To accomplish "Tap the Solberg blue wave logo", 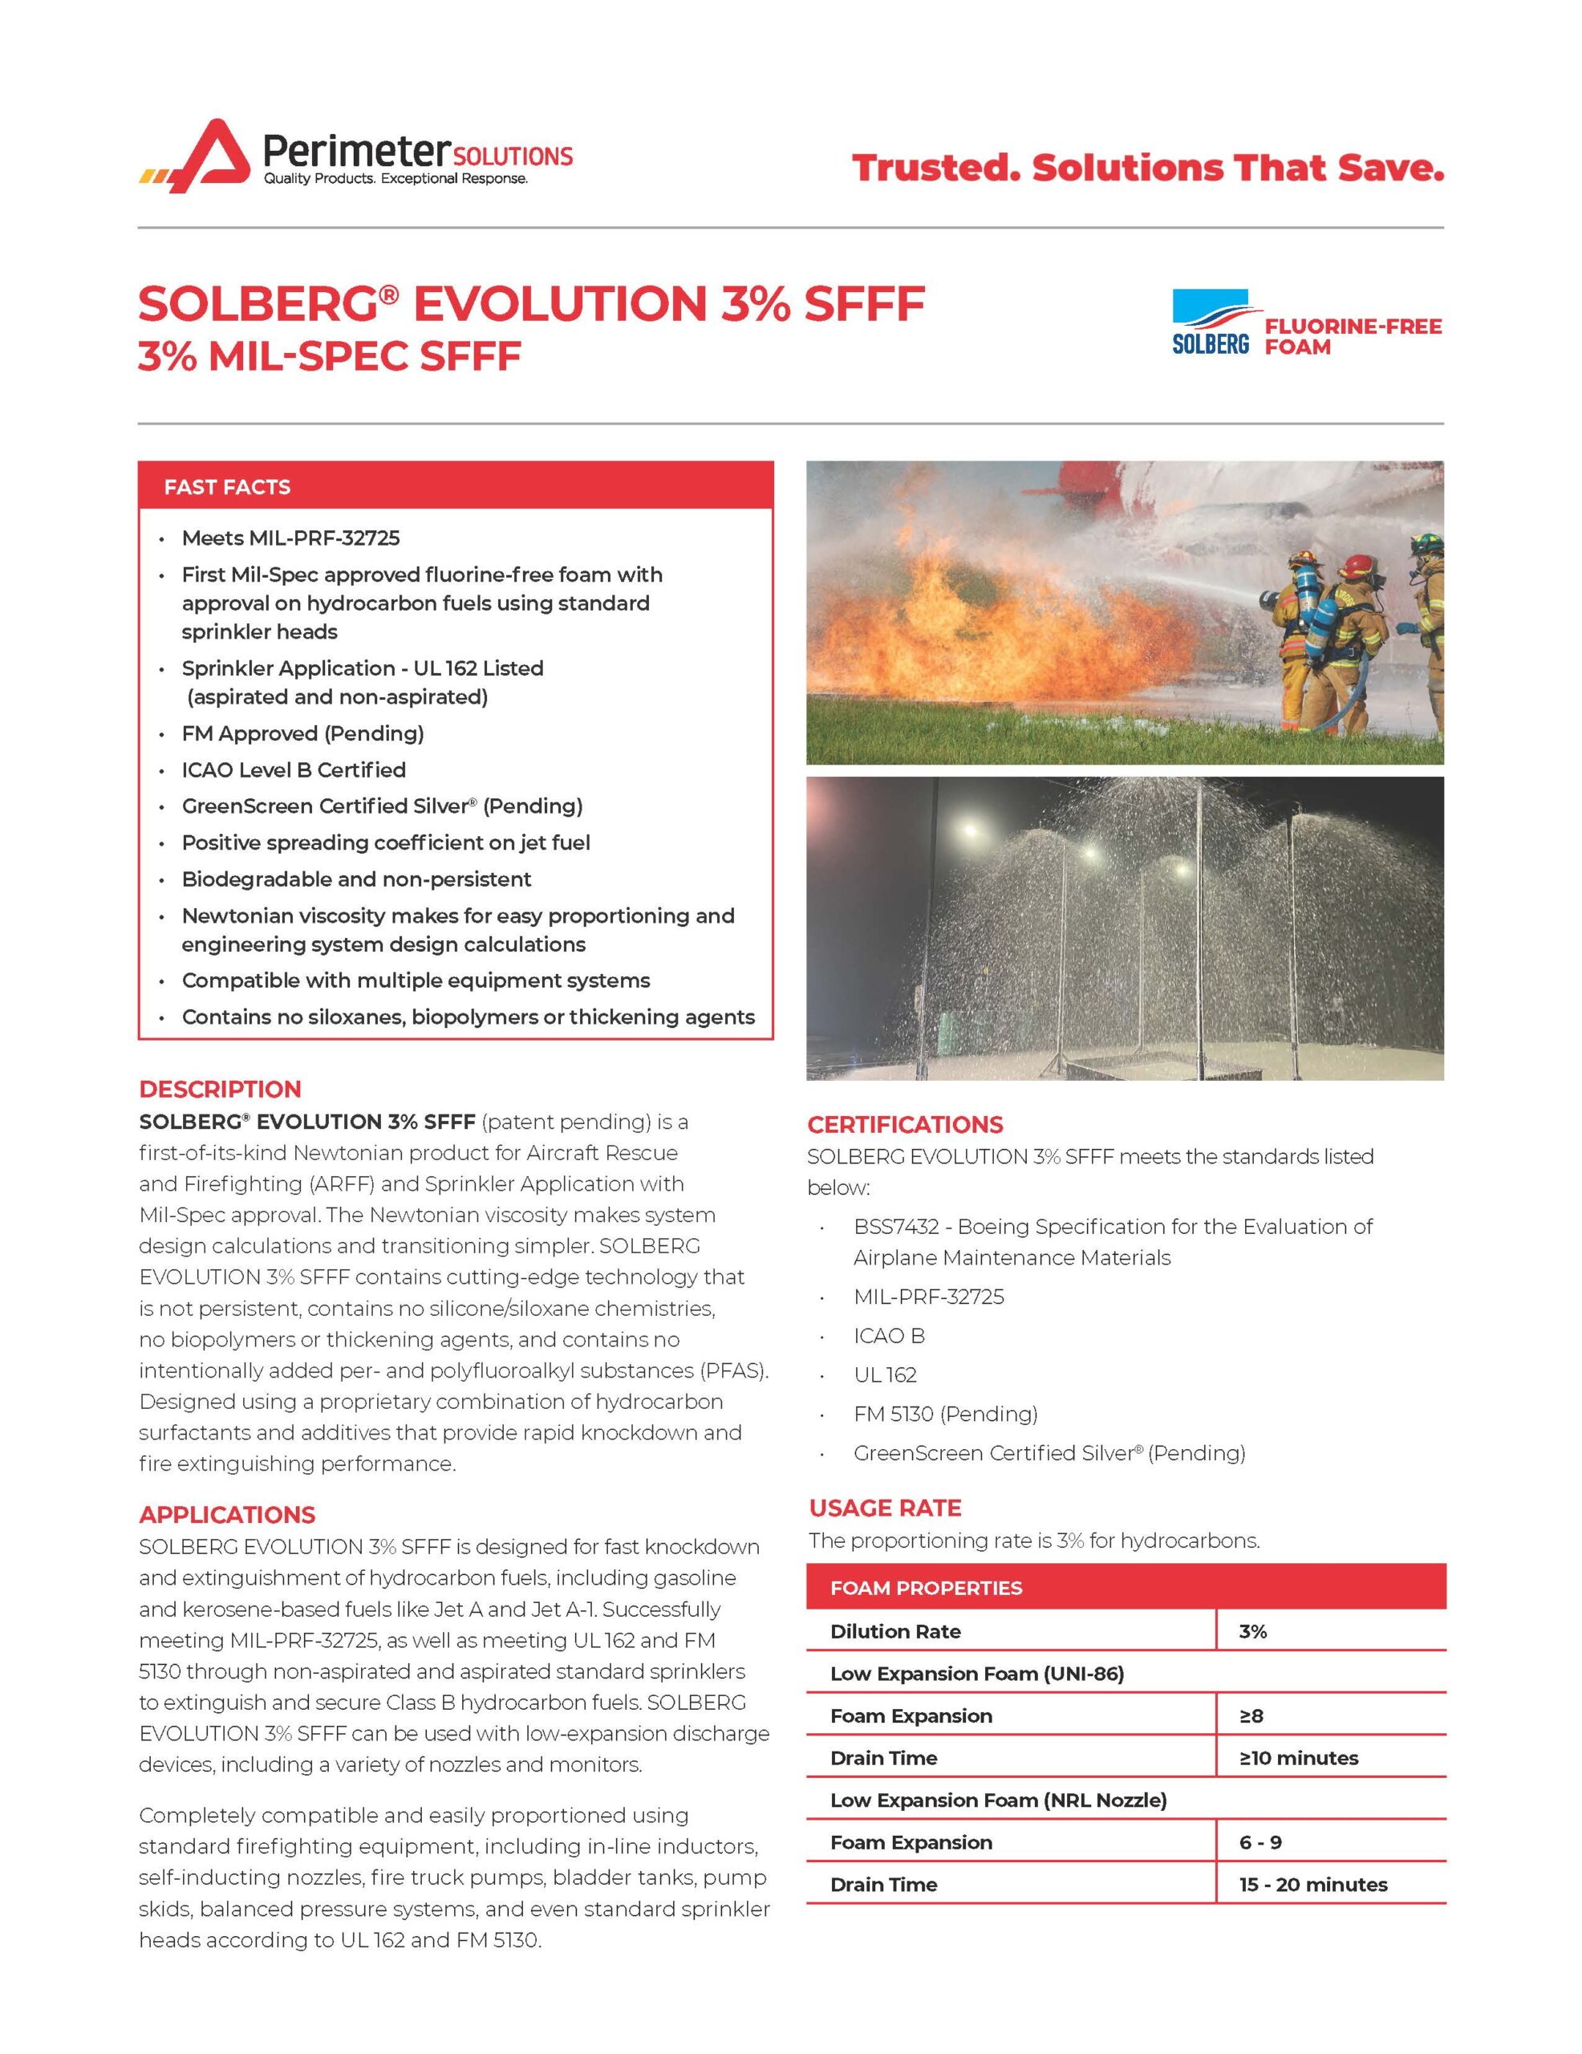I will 1210,321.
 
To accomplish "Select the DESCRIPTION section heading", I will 220,1089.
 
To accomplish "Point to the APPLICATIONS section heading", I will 227,1514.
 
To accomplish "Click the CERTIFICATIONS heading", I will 905,1124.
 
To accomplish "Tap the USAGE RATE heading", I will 884,1508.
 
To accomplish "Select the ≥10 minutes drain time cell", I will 1298,1758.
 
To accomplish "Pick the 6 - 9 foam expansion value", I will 1260,1842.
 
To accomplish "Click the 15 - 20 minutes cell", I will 1312,1885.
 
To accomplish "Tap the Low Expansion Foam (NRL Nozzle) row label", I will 998,1800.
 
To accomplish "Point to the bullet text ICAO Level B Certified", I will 294,769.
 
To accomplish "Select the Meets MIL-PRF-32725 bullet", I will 290,538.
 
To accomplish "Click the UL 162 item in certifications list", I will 884,1375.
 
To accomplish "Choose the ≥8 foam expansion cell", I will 1251,1715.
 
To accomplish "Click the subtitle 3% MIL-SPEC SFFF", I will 329,357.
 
